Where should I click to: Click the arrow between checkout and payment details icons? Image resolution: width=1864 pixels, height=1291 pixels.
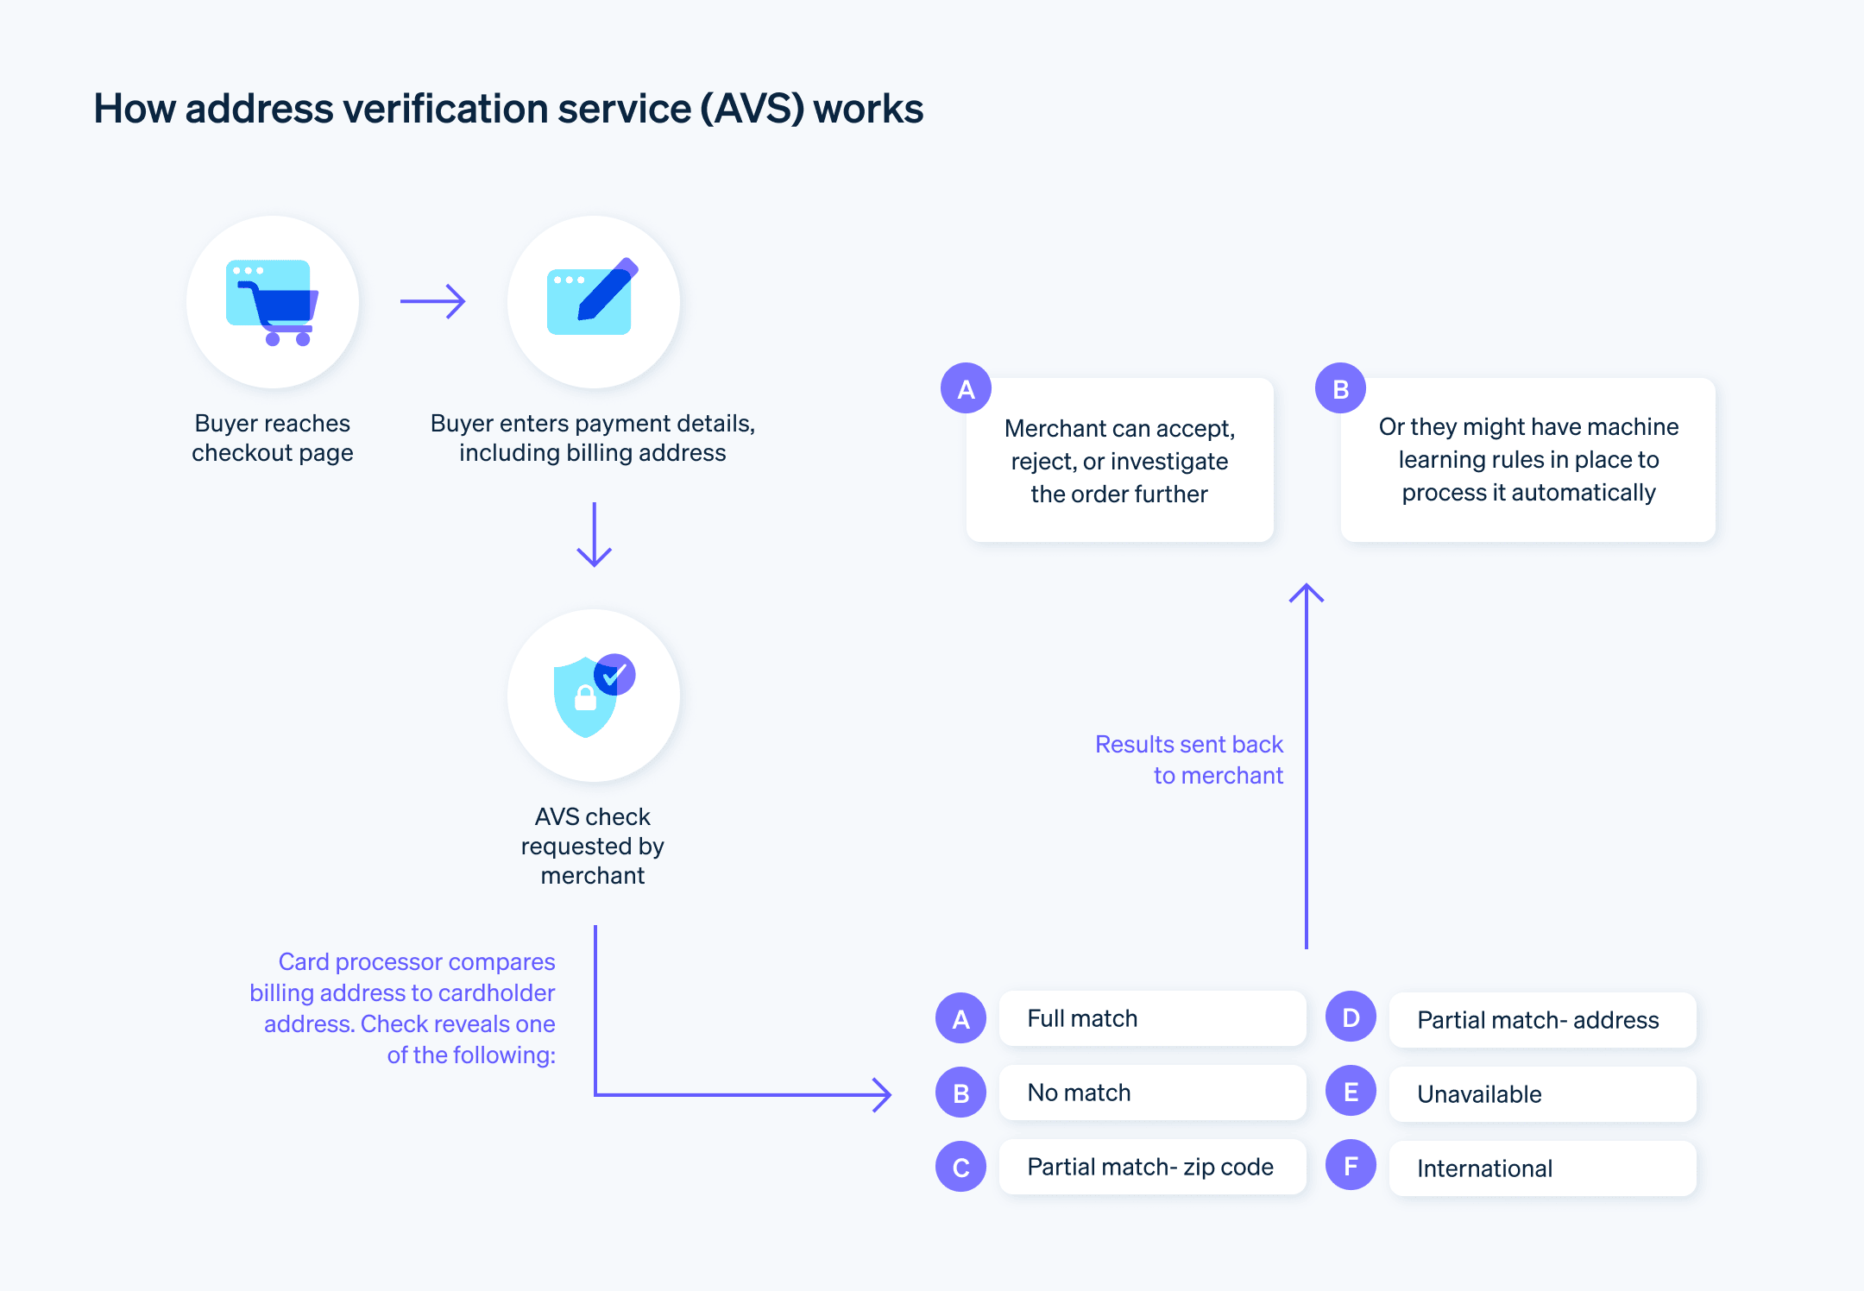pyautogui.click(x=433, y=301)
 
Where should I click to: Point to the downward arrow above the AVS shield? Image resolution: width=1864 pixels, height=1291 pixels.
pyautogui.click(x=594, y=535)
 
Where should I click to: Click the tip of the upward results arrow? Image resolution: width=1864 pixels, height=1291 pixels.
pyautogui.click(x=1307, y=588)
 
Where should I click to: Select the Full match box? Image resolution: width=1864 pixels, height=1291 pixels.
pyautogui.click(x=1152, y=1018)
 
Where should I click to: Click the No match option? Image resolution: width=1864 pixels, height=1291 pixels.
pyautogui.click(x=1152, y=1093)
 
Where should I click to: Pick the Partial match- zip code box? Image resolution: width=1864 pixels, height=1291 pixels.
pyautogui.click(x=1152, y=1167)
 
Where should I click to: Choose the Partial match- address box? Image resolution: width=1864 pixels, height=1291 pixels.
pyautogui.click(x=1542, y=1020)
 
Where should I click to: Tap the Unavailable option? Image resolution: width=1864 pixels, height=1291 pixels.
pyautogui.click(x=1542, y=1094)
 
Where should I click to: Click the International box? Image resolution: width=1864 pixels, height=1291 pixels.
pyautogui.click(x=1542, y=1168)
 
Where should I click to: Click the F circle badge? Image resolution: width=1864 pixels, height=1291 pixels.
pyautogui.click(x=1351, y=1166)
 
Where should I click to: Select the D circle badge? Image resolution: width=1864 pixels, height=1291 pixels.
pyautogui.click(x=1351, y=1017)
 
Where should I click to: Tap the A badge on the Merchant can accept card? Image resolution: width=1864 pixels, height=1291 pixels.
pyautogui.click(x=966, y=389)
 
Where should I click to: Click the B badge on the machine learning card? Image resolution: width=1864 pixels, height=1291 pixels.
pyautogui.click(x=1340, y=389)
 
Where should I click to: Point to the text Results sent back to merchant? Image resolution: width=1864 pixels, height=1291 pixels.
pyautogui.click(x=1189, y=759)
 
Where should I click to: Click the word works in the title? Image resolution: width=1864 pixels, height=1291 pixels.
pyautogui.click(x=868, y=109)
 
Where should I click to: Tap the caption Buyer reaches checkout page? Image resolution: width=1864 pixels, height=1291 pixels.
pyautogui.click(x=273, y=438)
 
